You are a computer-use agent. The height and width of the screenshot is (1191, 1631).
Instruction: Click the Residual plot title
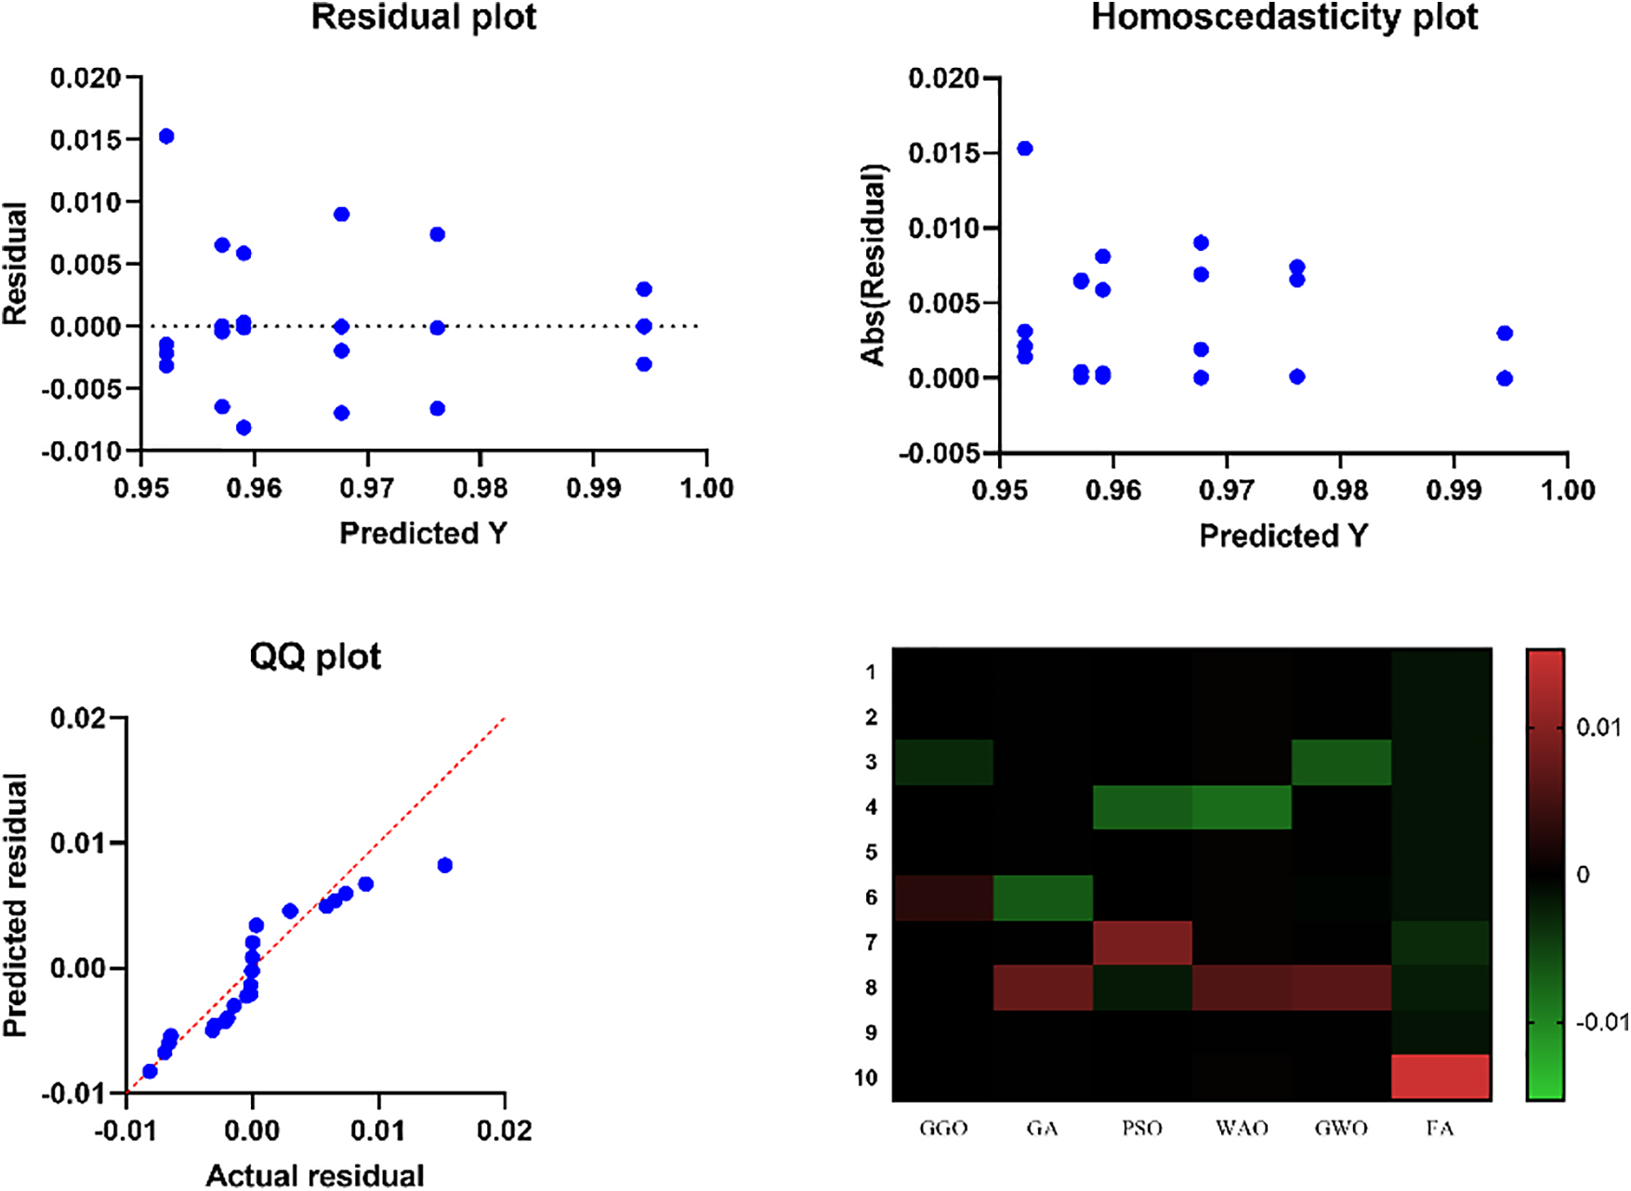pos(423,18)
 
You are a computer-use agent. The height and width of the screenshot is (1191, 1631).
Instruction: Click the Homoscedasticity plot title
pos(1283,18)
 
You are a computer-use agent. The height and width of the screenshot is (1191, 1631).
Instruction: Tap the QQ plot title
pos(315,657)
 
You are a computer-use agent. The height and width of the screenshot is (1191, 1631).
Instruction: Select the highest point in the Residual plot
pos(166,137)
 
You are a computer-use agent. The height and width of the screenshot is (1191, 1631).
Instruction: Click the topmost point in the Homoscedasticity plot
pos(1025,149)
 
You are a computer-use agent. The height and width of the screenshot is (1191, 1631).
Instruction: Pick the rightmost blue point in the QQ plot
pos(444,865)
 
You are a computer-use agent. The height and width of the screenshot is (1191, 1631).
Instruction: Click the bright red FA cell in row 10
pos(1440,1078)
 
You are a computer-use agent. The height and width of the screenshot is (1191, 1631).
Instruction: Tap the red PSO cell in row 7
pos(1142,943)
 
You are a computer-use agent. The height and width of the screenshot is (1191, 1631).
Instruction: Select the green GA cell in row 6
pos(1043,897)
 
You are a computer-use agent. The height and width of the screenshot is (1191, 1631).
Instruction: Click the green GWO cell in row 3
pos(1341,762)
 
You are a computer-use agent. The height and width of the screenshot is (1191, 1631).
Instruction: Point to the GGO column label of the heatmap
pos(943,1128)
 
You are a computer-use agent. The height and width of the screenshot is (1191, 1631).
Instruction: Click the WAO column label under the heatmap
pos(1242,1128)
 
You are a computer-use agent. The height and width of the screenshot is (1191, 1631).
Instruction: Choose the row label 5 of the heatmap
pos(871,852)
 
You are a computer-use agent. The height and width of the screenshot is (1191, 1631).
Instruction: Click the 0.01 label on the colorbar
pos(1598,727)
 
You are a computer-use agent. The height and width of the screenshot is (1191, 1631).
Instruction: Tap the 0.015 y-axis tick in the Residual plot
pos(85,139)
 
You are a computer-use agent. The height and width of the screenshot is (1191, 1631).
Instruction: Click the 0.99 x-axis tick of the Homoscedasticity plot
pos(1453,490)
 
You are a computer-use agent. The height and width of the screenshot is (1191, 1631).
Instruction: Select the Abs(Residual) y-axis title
pos(874,265)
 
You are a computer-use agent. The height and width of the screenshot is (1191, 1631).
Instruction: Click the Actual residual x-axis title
pos(315,1175)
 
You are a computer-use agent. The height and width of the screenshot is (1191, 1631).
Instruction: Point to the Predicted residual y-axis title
pos(15,905)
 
